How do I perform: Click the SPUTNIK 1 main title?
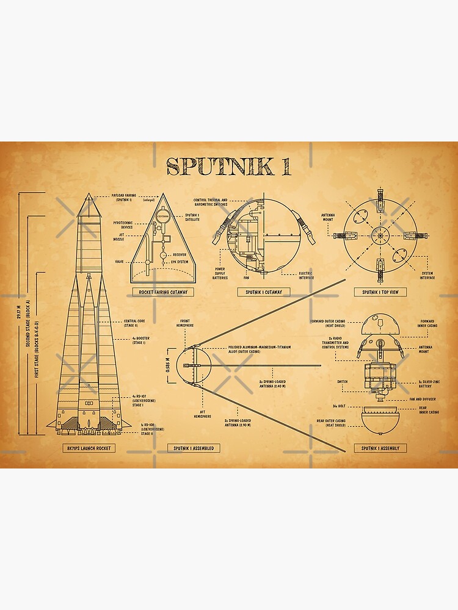tap(229, 166)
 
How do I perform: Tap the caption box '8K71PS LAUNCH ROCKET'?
tap(88, 448)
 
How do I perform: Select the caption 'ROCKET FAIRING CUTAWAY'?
tap(162, 292)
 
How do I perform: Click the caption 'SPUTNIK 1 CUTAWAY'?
tap(264, 292)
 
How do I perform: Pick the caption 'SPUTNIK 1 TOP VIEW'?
tap(380, 292)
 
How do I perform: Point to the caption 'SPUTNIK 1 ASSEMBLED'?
tap(194, 448)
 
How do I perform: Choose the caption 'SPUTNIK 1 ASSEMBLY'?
tap(380, 448)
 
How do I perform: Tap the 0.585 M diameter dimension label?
tap(168, 366)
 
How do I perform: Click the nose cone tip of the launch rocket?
tap(88, 195)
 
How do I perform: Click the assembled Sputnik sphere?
tap(194, 366)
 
